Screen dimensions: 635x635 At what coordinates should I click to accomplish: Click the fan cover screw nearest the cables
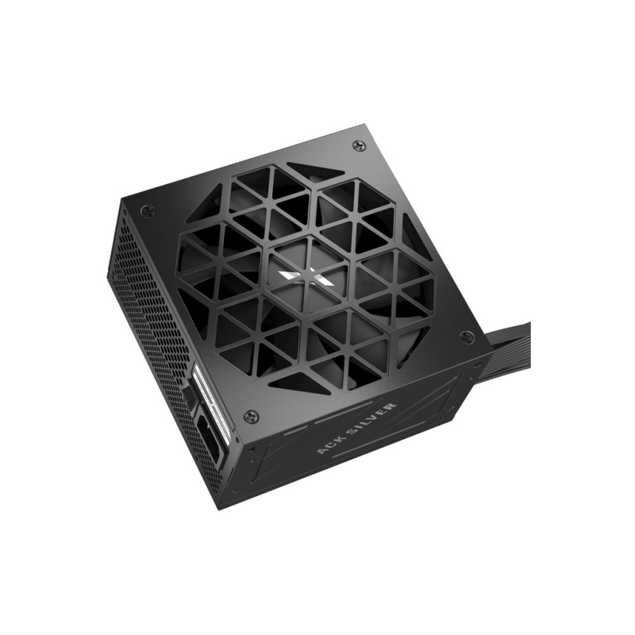click(x=467, y=336)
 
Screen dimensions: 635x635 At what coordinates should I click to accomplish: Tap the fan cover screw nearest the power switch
click(x=251, y=415)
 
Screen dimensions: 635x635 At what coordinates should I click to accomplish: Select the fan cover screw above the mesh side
click(x=146, y=210)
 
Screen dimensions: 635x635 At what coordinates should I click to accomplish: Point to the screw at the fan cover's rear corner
click(x=359, y=145)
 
